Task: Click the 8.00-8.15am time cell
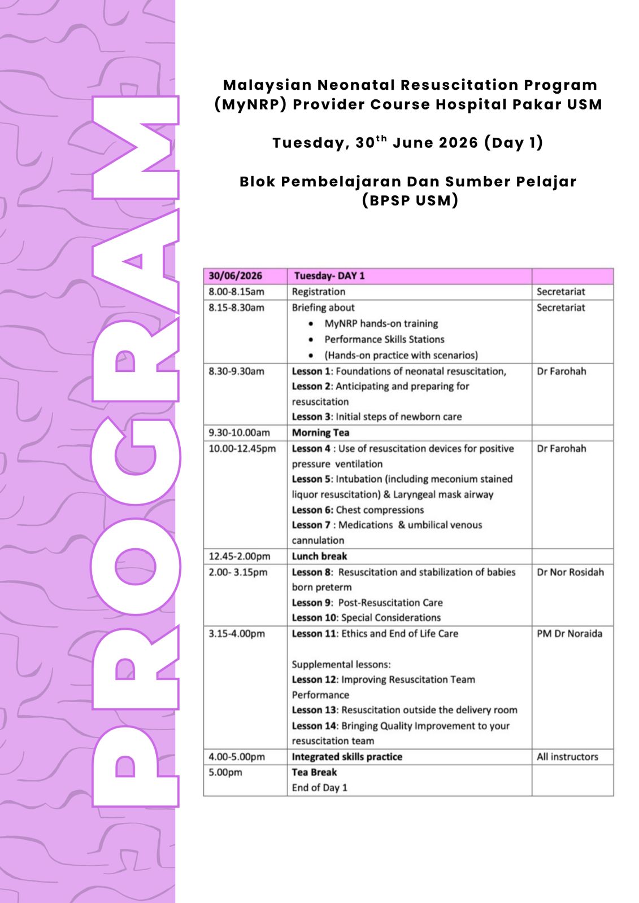236,292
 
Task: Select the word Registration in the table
318,292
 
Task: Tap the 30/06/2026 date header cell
236,276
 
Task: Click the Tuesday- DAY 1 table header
329,276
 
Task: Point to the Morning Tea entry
320,433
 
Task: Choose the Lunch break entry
319,556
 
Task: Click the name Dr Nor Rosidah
570,572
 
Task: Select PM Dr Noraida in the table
569,634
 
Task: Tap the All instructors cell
567,757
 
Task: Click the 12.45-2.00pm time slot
240,556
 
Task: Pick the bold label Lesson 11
314,634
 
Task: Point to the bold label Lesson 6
311,510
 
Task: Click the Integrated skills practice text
347,757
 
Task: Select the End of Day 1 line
319,788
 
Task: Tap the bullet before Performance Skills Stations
311,340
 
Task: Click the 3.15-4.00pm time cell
237,634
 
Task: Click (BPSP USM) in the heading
410,200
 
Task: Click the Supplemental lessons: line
341,664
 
